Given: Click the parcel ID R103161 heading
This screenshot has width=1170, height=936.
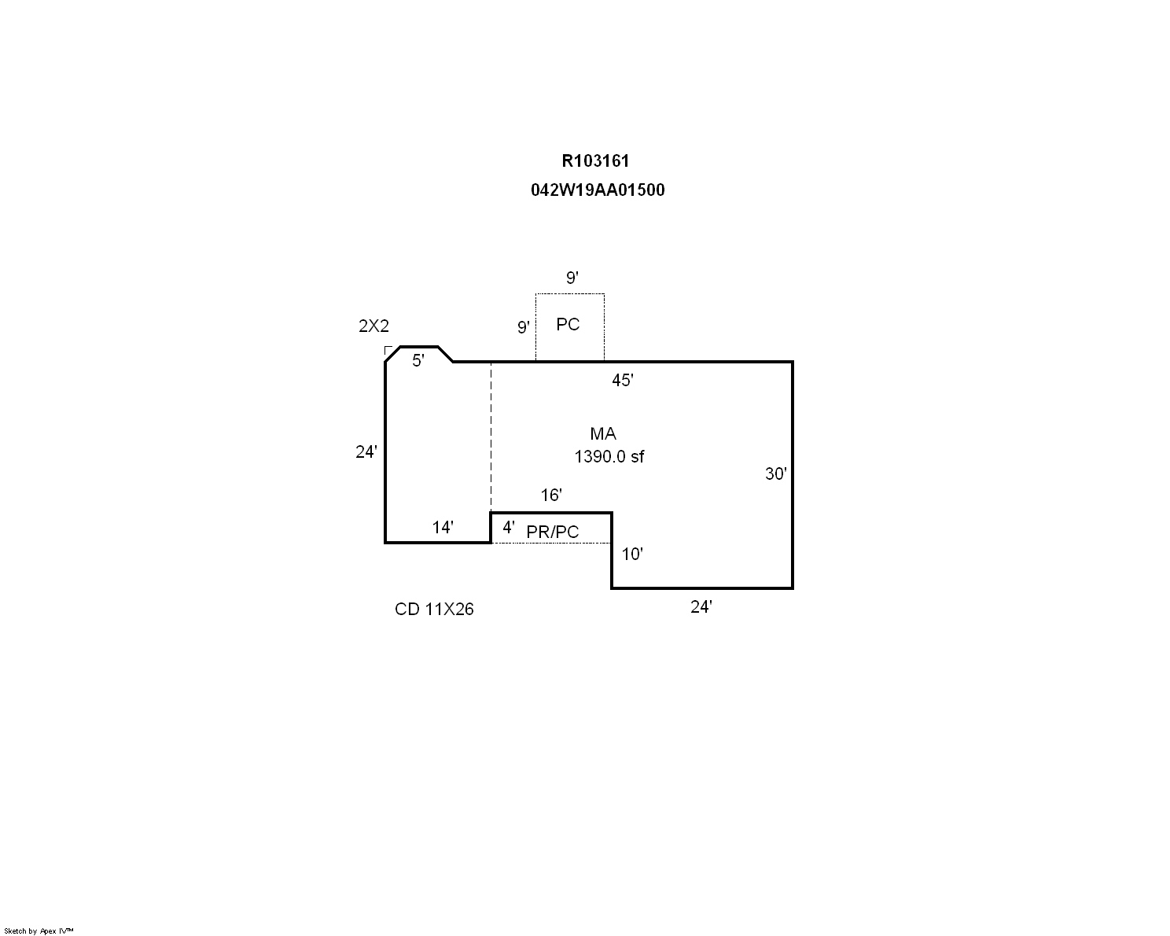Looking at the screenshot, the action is click(x=595, y=161).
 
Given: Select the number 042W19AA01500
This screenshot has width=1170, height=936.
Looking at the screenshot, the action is click(x=598, y=190).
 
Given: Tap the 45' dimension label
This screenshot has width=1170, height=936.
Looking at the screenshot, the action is click(x=623, y=380).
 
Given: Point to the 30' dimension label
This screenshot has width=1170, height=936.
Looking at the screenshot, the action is click(x=776, y=474).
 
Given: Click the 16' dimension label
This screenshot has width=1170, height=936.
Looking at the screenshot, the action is click(x=550, y=495).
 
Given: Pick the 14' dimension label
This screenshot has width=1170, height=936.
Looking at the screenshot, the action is click(x=443, y=527).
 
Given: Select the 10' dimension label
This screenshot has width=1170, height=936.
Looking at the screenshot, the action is click(x=631, y=555).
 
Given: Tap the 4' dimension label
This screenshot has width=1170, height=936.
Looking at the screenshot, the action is click(x=509, y=527).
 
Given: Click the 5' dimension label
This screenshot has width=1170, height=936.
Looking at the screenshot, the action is click(x=418, y=360).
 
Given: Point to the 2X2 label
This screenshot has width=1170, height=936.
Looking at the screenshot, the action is click(x=373, y=326).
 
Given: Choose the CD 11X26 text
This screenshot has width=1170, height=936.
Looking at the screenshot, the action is click(x=434, y=609).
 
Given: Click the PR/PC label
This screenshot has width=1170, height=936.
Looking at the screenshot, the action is click(x=553, y=532).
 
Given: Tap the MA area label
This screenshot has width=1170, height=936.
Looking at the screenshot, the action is click(x=603, y=433).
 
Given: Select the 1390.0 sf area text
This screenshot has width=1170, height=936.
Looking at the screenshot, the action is click(x=609, y=456).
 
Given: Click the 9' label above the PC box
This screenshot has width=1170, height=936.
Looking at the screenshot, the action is click(x=572, y=278).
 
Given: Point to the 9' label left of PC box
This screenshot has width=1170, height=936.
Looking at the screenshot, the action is click(x=523, y=327).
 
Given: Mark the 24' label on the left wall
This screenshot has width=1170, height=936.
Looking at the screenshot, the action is click(x=366, y=451).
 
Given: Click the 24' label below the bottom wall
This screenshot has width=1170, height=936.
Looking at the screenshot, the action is click(x=701, y=607).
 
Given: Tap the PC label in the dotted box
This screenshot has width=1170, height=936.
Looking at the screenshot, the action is click(x=568, y=324).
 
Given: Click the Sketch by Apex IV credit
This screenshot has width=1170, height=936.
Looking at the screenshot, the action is click(x=39, y=931).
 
